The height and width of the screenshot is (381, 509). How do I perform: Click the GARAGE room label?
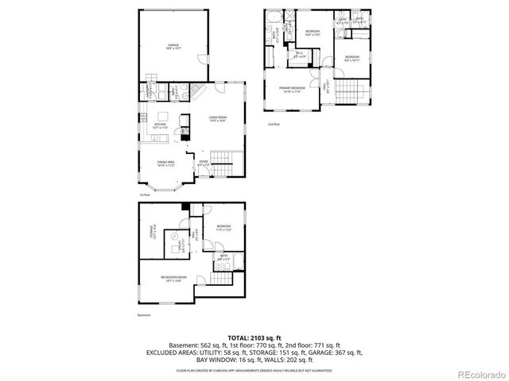[x=173, y=47]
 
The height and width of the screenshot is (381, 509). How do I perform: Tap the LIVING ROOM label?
[x=219, y=120]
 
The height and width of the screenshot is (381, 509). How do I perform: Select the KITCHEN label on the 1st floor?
[x=159, y=125]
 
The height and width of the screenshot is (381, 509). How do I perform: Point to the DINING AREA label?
[x=166, y=164]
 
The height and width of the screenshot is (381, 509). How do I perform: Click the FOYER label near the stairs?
[x=203, y=164]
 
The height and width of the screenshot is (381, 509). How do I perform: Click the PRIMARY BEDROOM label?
[x=293, y=88]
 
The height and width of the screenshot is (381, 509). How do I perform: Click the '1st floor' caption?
[x=144, y=194]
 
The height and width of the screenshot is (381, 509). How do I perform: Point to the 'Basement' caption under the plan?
[x=143, y=314]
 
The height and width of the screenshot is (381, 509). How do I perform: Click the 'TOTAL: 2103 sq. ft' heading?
[x=254, y=337]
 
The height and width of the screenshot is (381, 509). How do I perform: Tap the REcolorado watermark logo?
[x=477, y=372]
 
